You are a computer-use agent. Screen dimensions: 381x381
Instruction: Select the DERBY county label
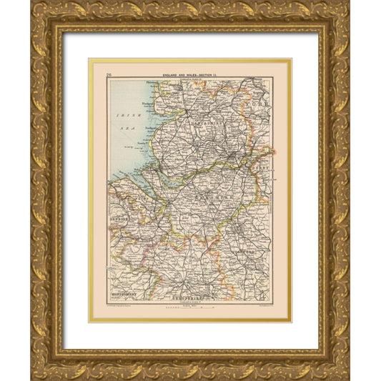click(264, 169)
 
